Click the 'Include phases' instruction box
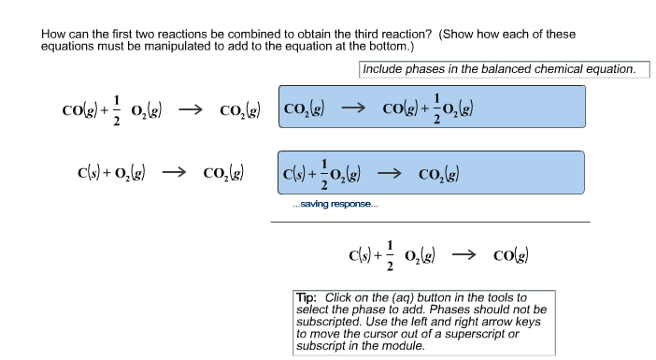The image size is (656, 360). [504, 69]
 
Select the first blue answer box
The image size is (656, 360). [431, 108]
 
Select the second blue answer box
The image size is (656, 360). [431, 172]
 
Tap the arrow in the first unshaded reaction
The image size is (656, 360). [191, 110]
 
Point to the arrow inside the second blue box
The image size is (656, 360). [389, 173]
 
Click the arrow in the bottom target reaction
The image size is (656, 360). [464, 254]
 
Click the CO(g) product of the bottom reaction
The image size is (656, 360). [513, 254]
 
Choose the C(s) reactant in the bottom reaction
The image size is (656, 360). [357, 254]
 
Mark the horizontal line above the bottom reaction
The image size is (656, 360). [431, 222]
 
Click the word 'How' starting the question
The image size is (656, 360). [53, 35]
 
